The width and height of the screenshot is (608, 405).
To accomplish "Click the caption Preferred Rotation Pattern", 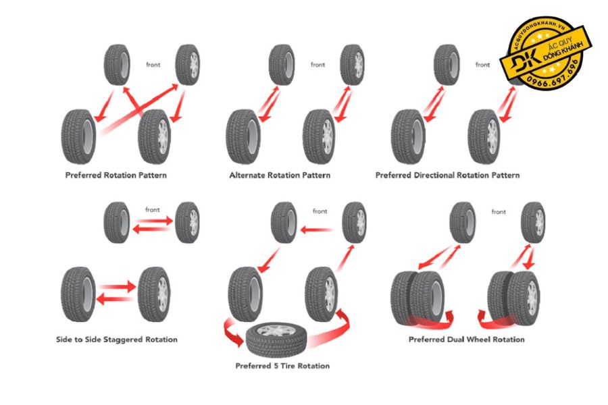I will point(116,175).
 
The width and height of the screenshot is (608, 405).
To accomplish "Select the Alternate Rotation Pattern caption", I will point(280,175).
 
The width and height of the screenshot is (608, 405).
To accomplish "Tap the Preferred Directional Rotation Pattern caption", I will point(447,175).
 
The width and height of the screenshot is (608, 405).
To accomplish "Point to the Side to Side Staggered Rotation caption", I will point(116,339).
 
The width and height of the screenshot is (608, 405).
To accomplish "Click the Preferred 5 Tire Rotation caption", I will point(282,366).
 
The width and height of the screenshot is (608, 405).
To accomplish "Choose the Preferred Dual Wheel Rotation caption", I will point(466,339).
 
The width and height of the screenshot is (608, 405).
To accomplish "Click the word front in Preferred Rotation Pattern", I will point(153,65).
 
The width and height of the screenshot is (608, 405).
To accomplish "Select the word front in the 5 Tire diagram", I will point(320,211).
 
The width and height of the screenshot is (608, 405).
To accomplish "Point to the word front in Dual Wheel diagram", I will point(499,212).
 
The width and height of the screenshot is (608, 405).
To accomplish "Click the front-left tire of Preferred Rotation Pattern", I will point(116,65).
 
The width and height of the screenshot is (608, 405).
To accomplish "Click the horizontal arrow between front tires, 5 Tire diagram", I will point(316,230).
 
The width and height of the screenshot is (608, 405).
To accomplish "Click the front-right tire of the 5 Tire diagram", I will point(355,222).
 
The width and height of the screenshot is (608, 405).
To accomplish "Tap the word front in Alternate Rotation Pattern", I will point(318,65).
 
